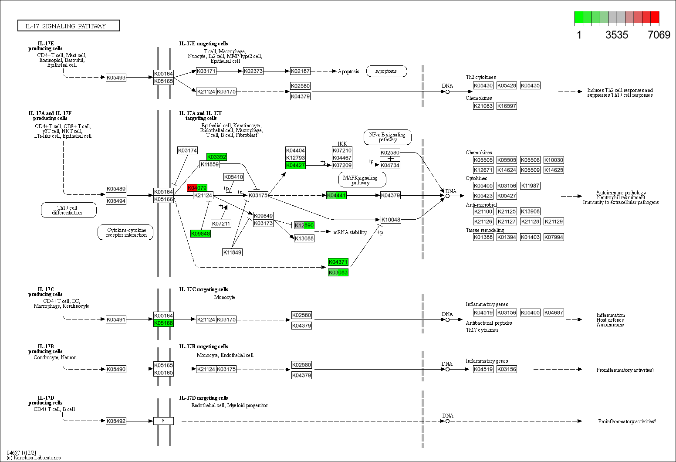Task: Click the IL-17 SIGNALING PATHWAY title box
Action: [68, 26]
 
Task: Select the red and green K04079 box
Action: [197, 188]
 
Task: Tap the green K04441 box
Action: [336, 195]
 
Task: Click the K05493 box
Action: [116, 78]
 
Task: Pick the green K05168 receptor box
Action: [163, 323]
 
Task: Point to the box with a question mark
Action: [163, 421]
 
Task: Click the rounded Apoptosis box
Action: [386, 71]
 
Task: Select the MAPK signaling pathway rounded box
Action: [362, 180]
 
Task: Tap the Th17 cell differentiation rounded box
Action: [68, 210]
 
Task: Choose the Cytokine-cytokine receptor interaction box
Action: [125, 232]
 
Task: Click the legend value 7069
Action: [659, 35]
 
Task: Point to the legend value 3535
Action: [616, 35]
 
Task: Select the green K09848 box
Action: [200, 234]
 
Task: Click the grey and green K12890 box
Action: [304, 225]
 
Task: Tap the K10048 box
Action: [391, 220]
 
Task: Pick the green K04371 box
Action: [338, 262]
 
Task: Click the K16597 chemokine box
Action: [507, 106]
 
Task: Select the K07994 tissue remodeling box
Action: [554, 237]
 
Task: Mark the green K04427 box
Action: [295, 165]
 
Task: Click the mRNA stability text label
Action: [350, 232]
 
